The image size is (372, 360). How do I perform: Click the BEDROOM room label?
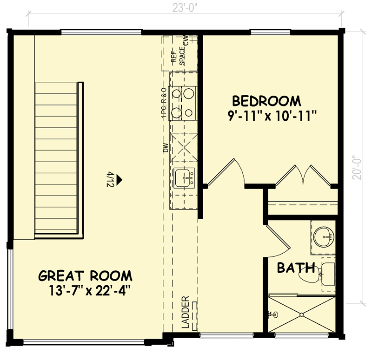tap(266, 101)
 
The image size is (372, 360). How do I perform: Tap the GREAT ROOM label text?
tap(85, 276)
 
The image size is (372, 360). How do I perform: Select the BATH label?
tap(296, 268)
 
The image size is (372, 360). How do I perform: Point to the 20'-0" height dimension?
tap(357, 167)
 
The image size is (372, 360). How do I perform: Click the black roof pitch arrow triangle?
tap(120, 178)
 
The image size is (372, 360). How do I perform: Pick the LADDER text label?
tap(186, 312)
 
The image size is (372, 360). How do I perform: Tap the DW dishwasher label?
tap(164, 149)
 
